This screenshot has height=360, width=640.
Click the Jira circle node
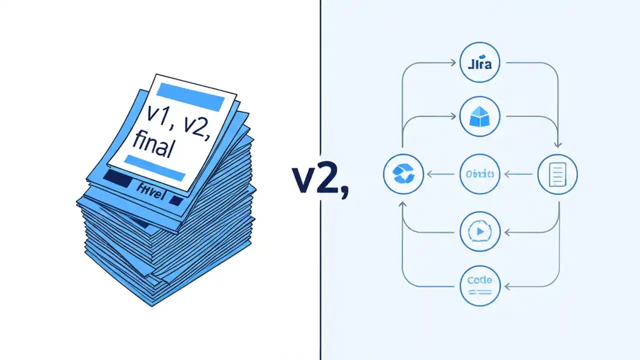point(479,63)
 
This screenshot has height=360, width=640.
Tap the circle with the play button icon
point(479,231)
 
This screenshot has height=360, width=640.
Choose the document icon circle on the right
point(557,174)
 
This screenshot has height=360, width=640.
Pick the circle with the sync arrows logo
point(403,174)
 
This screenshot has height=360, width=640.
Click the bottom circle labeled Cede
point(479,285)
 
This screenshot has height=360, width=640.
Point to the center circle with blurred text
point(479,174)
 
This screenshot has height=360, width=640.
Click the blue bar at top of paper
point(190,96)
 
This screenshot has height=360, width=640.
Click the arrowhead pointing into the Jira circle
point(455,63)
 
